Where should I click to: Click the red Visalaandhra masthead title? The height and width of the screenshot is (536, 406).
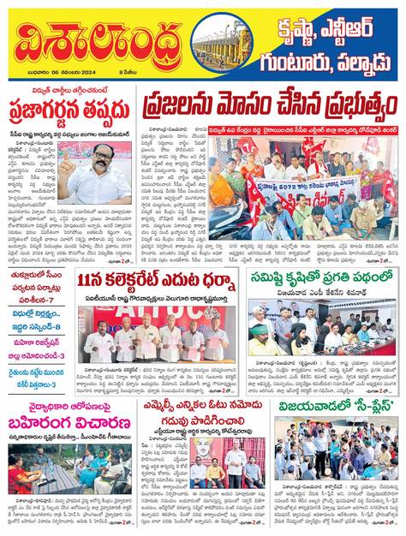click(x=94, y=43)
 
